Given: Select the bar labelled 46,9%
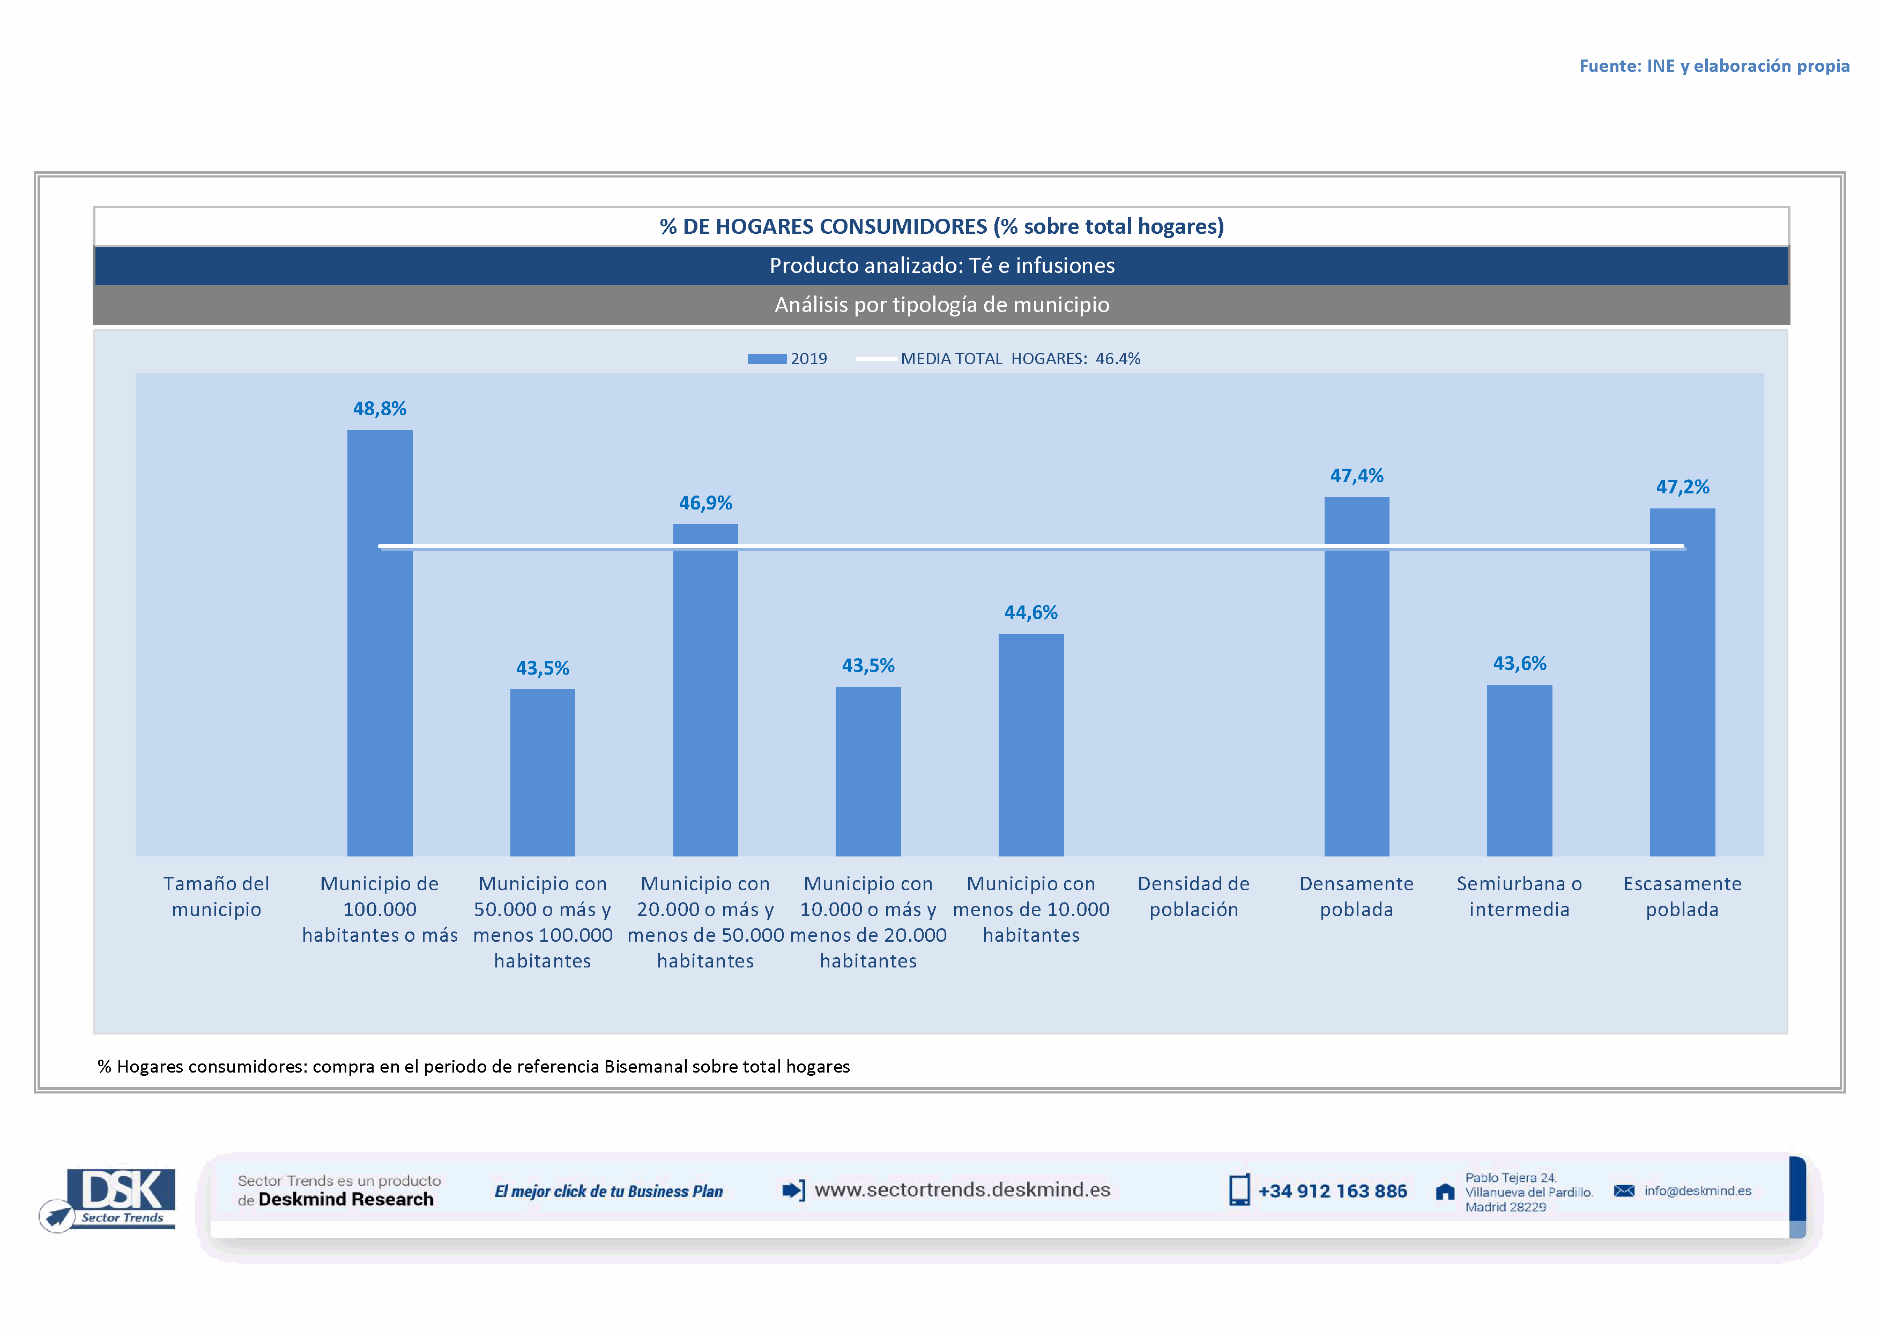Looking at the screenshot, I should point(705,690).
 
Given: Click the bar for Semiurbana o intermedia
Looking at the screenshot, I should point(1519,770).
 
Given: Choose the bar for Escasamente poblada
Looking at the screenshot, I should point(1682,682).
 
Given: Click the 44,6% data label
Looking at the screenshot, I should point(1031,612).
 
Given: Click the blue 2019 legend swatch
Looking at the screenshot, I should point(767,359).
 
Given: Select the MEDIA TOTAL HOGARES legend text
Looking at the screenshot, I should point(1020,359).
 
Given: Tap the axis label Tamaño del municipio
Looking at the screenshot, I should point(216,896).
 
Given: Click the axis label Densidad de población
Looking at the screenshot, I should point(1193,896).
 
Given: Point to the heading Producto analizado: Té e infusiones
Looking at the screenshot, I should point(942,265).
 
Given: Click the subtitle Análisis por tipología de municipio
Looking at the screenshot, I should point(942,305).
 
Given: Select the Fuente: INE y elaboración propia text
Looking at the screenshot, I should point(1714,66).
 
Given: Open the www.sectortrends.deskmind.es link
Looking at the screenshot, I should point(962,1190).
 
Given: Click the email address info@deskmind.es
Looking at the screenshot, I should point(1697,1191).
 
